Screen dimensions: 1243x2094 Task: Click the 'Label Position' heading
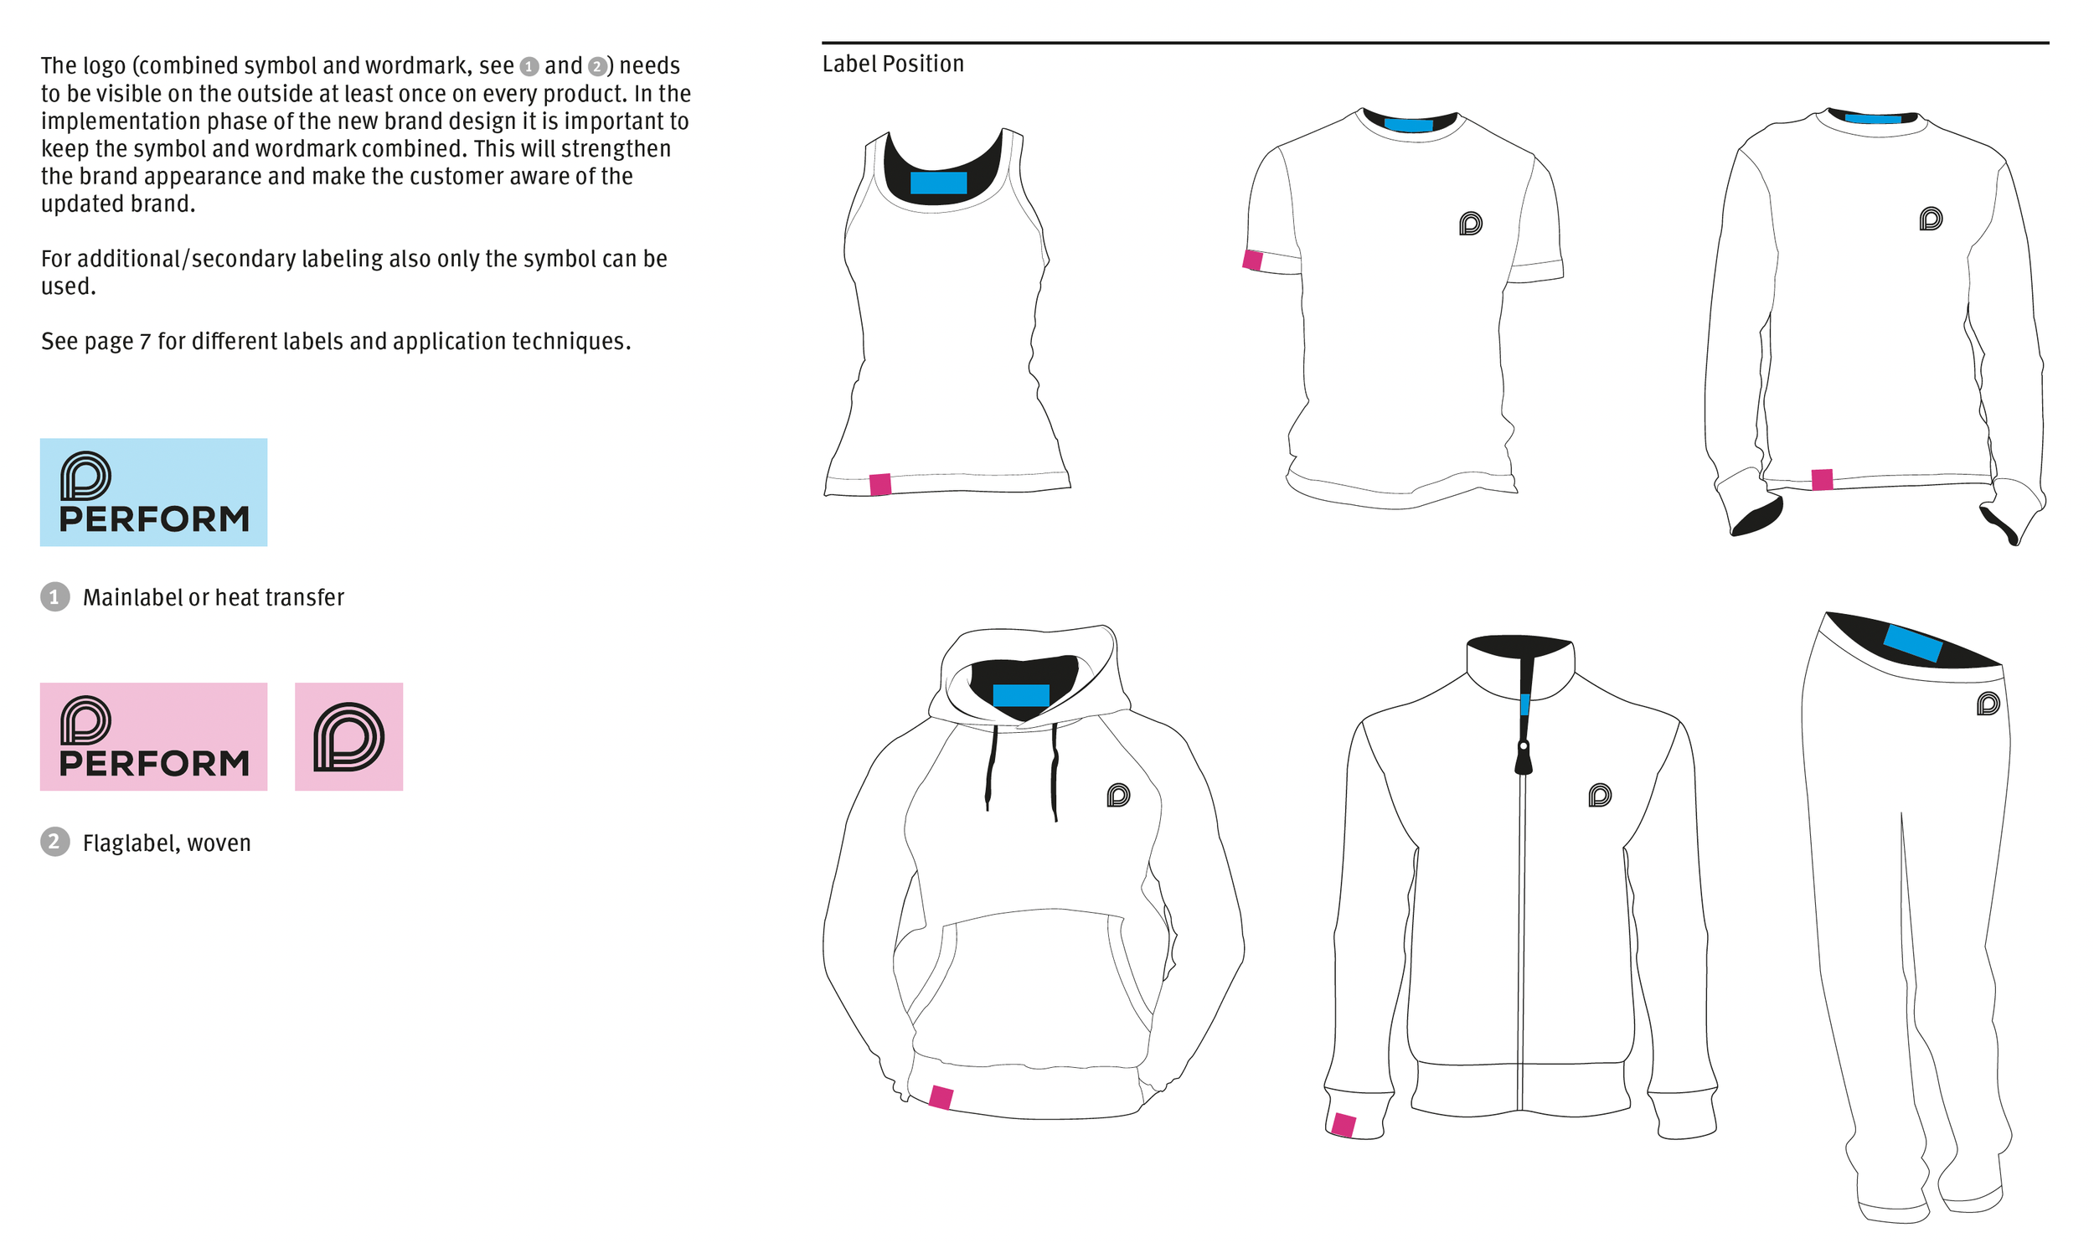(893, 64)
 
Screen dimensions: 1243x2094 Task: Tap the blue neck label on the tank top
(938, 183)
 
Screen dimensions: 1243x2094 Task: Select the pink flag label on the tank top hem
(880, 484)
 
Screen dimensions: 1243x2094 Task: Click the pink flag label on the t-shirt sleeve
(1252, 260)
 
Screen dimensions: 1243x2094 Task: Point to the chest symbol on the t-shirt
(1470, 224)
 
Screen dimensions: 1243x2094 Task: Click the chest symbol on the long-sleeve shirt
(1930, 219)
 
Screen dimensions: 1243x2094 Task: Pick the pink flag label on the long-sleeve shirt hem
(1822, 479)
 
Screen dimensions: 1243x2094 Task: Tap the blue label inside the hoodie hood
(1020, 694)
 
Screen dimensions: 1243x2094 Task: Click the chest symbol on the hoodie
(1118, 795)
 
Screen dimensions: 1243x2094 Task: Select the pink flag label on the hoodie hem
(941, 1096)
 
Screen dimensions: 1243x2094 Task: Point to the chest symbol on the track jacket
(1600, 795)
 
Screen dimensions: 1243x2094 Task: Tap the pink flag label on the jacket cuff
(1344, 1124)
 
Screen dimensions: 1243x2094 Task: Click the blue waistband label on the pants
(1912, 643)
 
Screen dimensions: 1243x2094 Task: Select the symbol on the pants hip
(1988, 704)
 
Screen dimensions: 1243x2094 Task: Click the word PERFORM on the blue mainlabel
(154, 519)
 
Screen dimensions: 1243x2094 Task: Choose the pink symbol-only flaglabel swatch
(348, 736)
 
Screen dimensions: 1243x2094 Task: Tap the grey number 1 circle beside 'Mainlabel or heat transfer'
(55, 596)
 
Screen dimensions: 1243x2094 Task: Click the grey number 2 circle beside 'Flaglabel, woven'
(55, 841)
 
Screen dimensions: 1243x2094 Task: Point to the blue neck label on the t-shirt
(1408, 126)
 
